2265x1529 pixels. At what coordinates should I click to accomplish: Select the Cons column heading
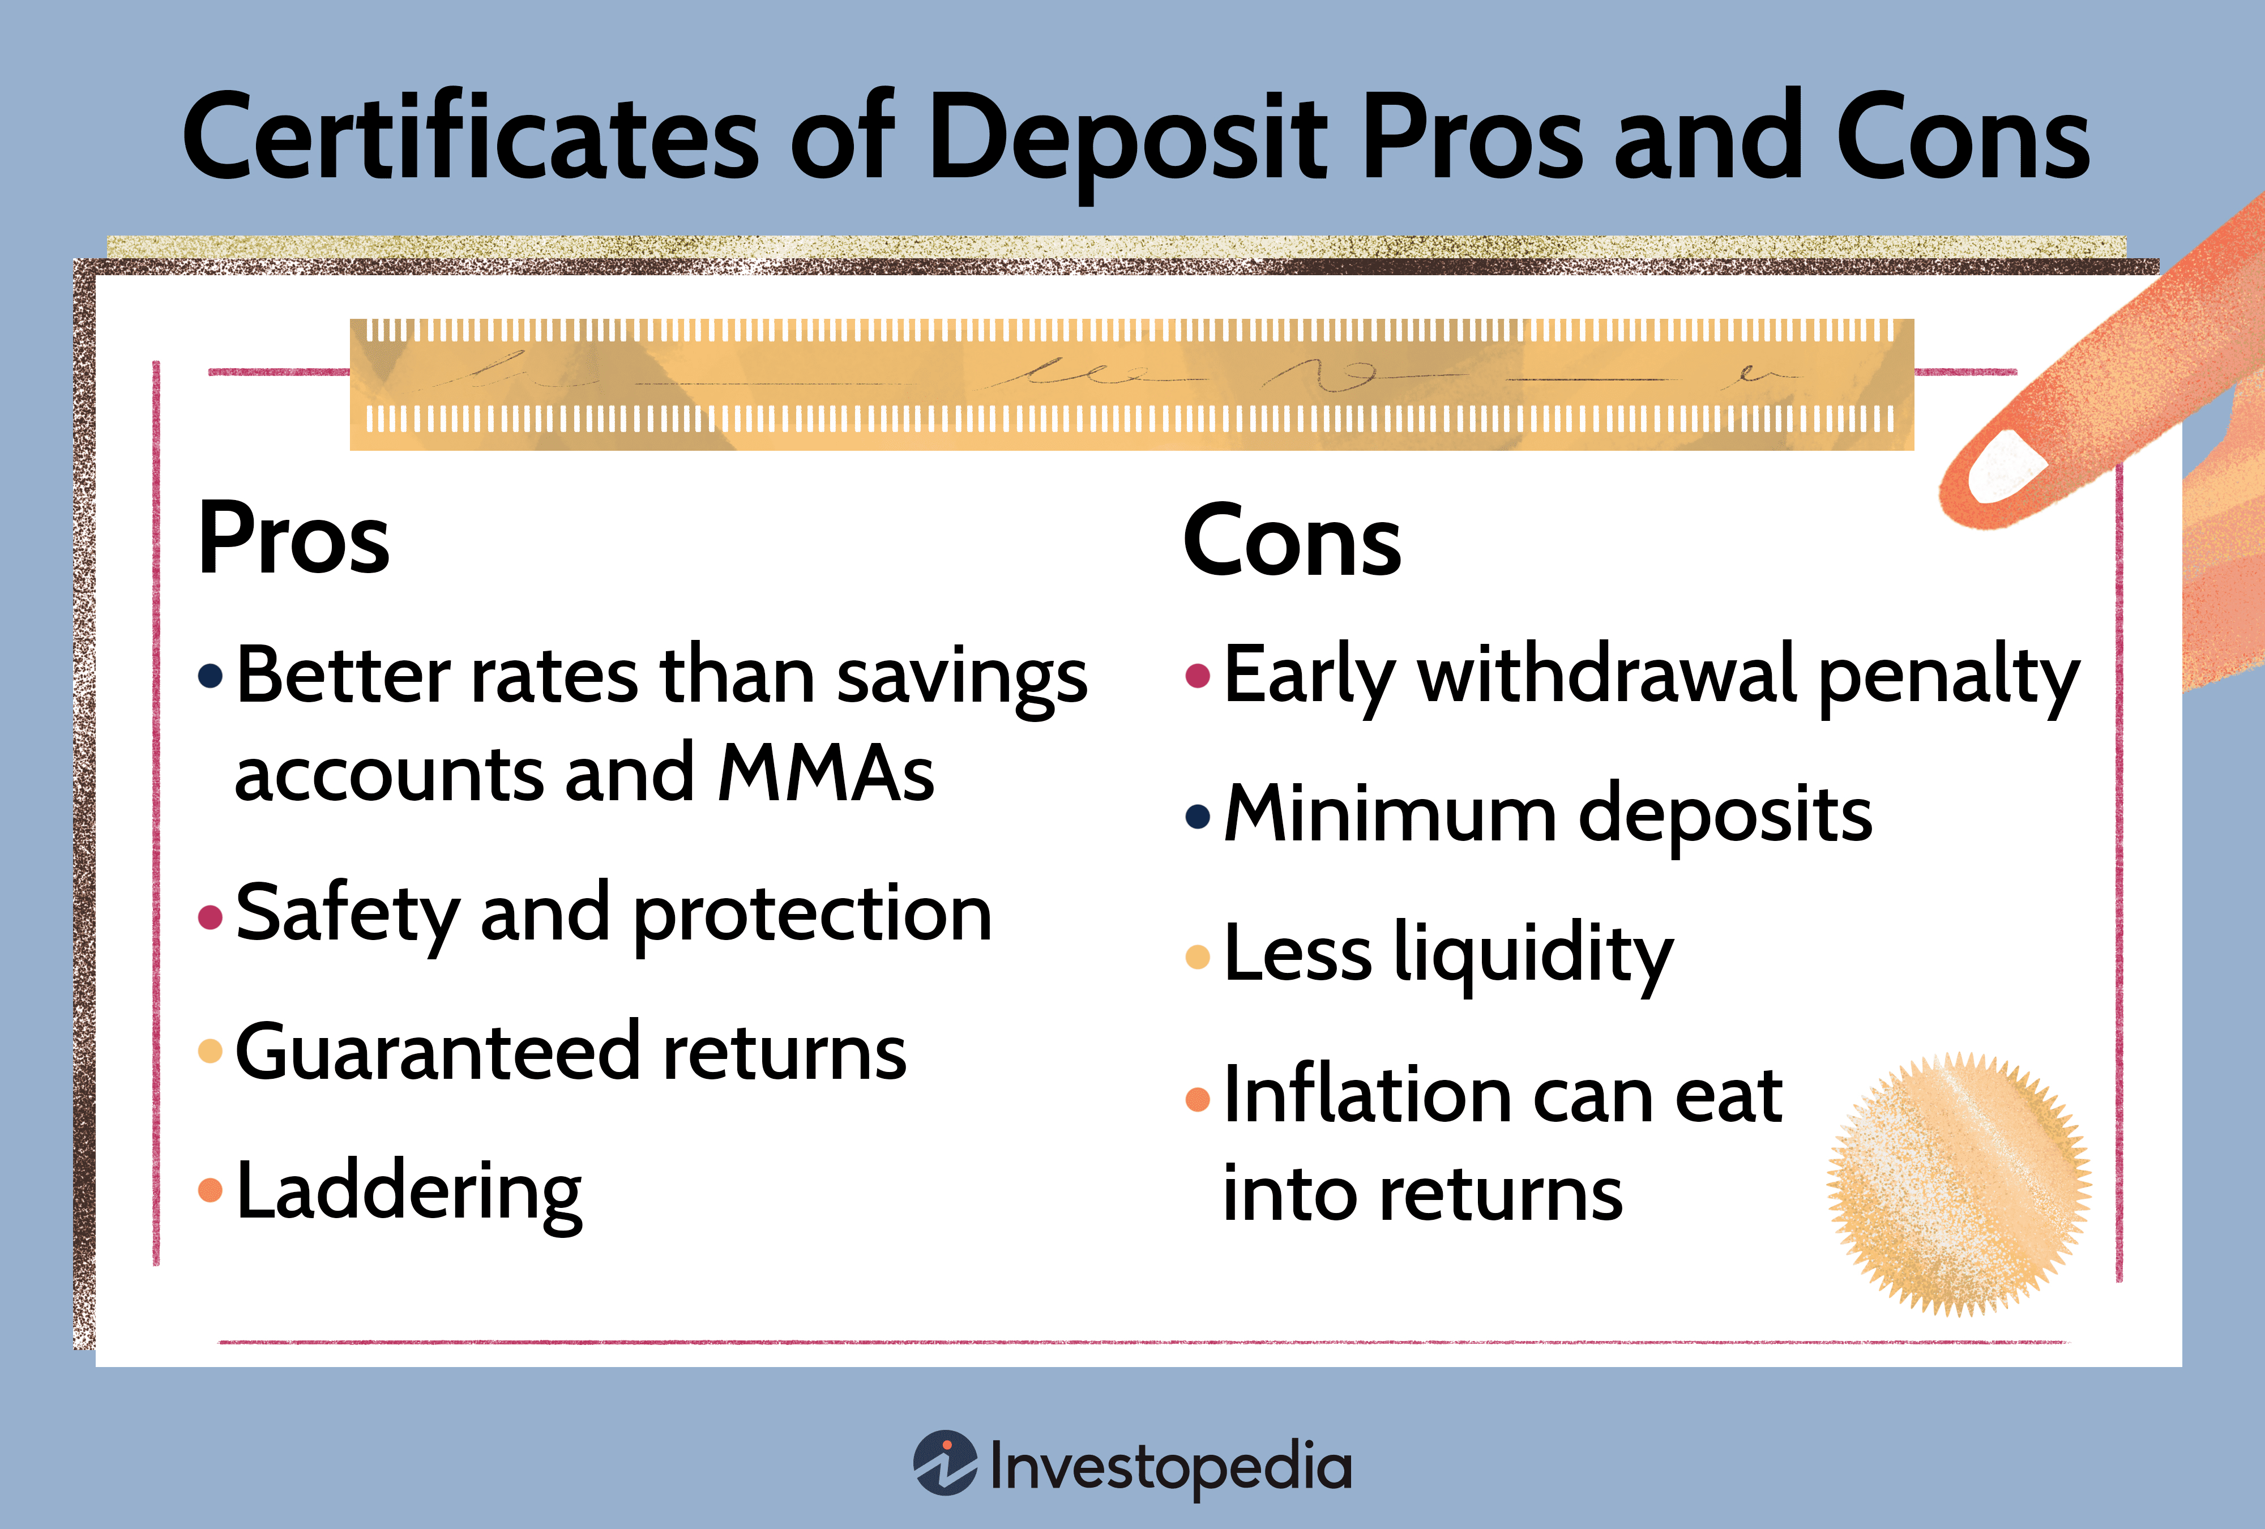click(x=1292, y=541)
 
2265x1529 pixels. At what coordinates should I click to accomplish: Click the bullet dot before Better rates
click(x=211, y=676)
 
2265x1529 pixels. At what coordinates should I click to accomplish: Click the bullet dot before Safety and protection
click(x=211, y=916)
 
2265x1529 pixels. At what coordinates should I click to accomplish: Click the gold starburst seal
click(x=1959, y=1184)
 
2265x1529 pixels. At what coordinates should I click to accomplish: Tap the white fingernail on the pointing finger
click(x=2008, y=466)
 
